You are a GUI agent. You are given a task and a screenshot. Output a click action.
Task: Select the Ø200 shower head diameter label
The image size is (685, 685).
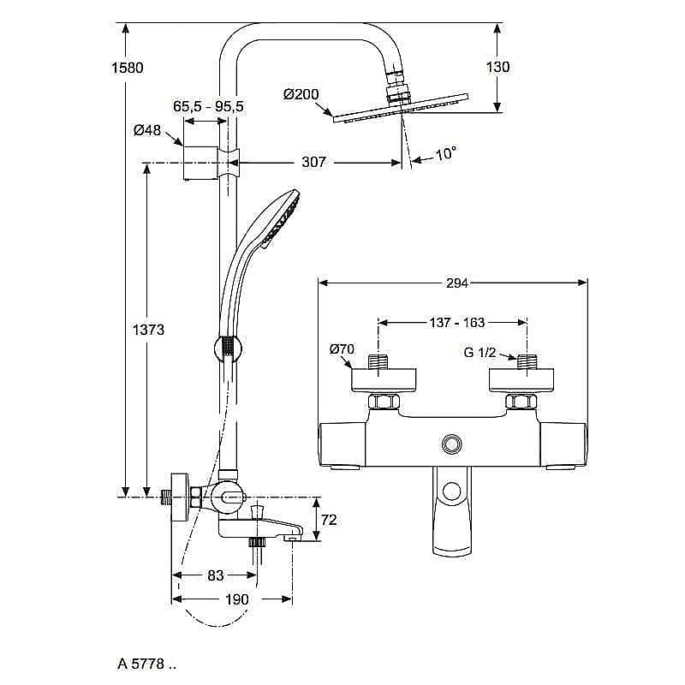coord(301,94)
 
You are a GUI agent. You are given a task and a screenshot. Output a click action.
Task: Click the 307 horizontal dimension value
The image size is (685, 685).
coord(313,162)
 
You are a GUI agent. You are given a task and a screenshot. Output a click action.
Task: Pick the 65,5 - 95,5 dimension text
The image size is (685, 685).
coord(208,106)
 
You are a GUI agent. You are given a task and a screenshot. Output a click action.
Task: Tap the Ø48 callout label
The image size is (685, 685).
coord(147,131)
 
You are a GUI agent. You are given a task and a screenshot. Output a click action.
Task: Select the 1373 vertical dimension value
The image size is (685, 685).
coord(146,330)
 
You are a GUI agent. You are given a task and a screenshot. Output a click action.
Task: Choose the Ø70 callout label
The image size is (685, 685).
coord(342,348)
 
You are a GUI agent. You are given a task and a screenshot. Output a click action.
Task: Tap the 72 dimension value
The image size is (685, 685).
coord(329,519)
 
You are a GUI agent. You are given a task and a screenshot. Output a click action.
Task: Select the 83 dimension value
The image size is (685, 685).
coord(214,575)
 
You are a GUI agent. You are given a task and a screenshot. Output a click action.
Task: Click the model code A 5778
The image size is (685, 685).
coord(146,662)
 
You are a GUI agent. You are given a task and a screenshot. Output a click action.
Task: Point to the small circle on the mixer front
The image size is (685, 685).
coord(451,443)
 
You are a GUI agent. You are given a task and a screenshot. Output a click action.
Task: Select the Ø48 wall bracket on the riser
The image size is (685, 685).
coord(197,162)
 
